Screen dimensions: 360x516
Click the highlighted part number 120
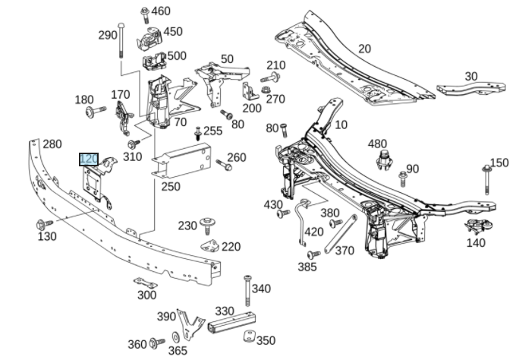pyautogui.click(x=89, y=159)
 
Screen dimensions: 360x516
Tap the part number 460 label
pyautogui.click(x=161, y=11)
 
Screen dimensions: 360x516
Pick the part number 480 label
pyautogui.click(x=377, y=144)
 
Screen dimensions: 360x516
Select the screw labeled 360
pyautogui.click(x=157, y=343)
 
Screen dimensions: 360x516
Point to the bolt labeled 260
pyautogui.click(x=222, y=163)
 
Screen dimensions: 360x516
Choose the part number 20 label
pyautogui.click(x=364, y=49)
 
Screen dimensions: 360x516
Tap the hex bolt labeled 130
pyautogui.click(x=42, y=224)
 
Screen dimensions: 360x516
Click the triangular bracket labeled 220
pyautogui.click(x=209, y=246)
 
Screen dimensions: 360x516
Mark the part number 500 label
pyautogui.click(x=176, y=56)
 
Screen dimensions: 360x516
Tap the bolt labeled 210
pyautogui.click(x=271, y=77)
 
